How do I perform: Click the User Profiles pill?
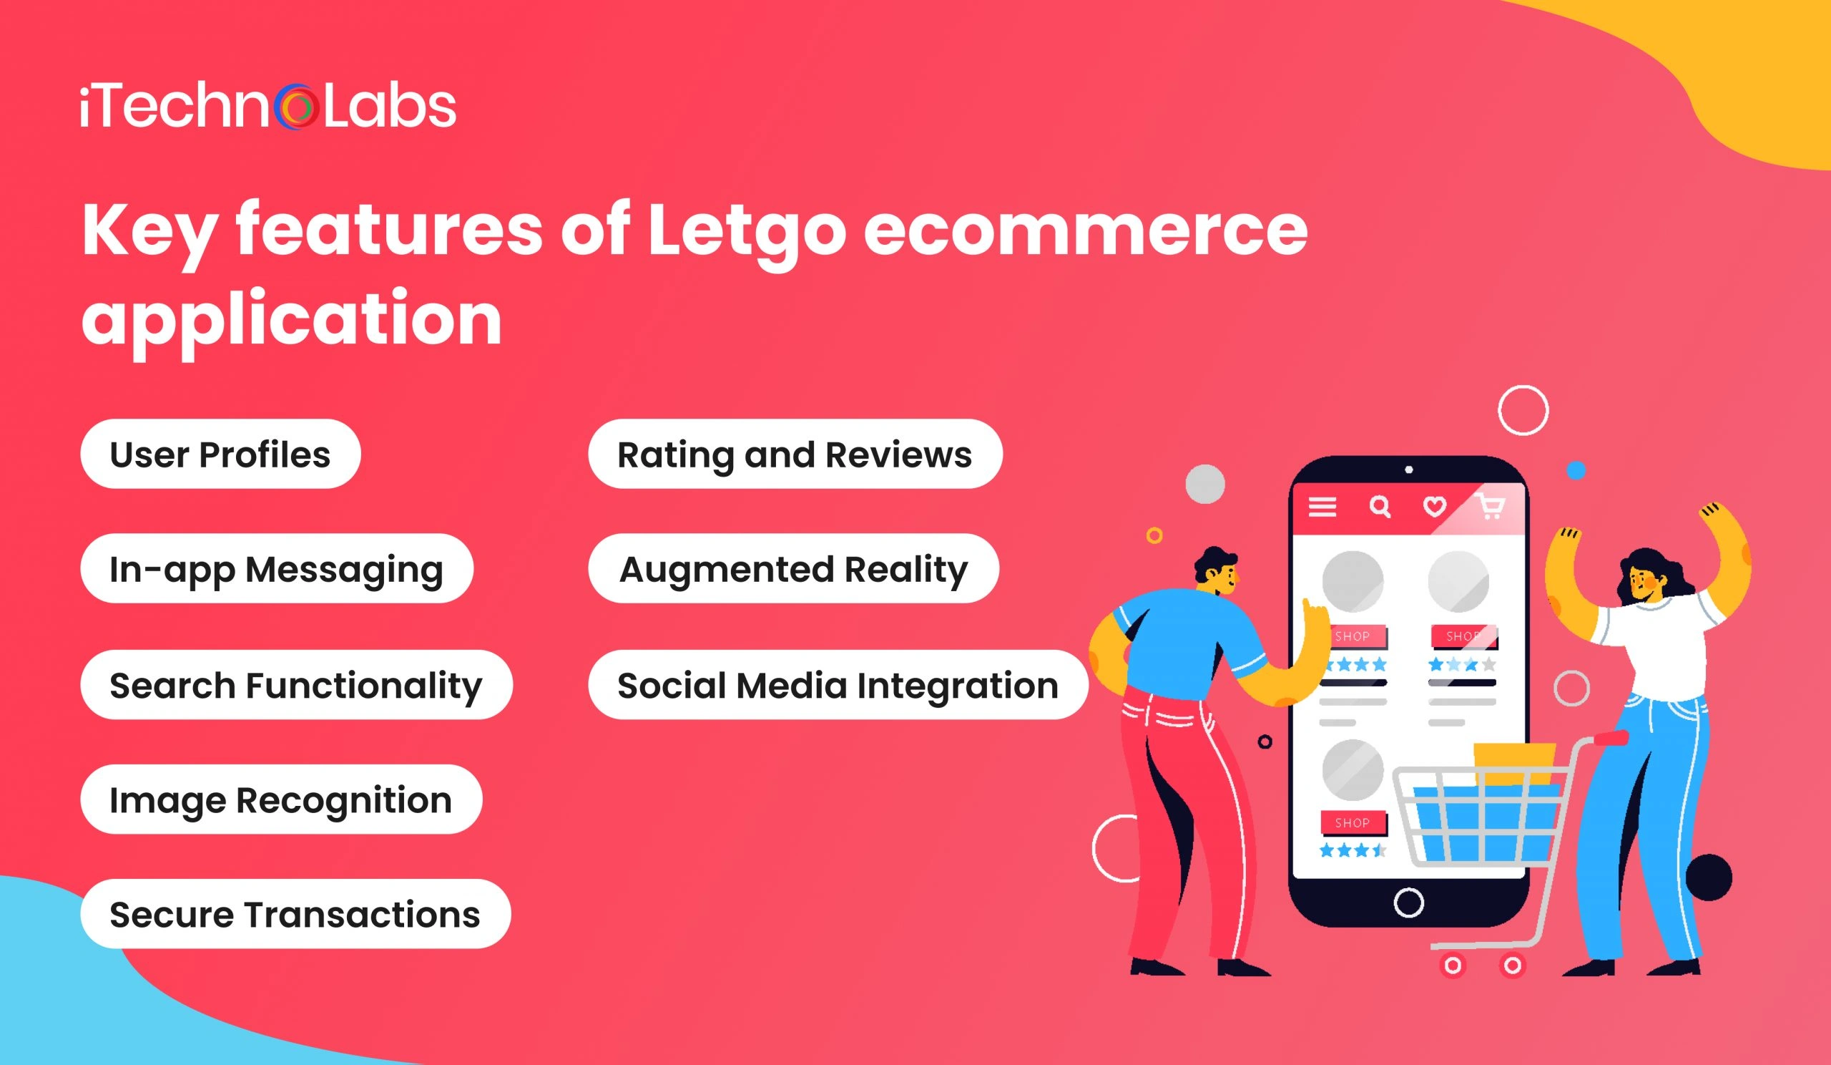(220, 454)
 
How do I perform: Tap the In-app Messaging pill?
(277, 568)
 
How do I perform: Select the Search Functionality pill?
(295, 685)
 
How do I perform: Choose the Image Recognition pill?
(280, 799)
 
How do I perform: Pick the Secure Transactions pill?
(295, 914)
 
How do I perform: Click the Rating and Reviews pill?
(795, 454)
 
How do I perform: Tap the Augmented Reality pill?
(793, 568)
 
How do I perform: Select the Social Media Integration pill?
(838, 685)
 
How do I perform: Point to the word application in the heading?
(291, 318)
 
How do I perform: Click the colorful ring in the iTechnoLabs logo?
(296, 107)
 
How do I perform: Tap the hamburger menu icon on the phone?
(1322, 507)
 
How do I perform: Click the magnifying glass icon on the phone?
(1379, 506)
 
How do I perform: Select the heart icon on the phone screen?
(1434, 506)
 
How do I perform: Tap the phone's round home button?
(1409, 903)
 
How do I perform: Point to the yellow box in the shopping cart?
(1514, 761)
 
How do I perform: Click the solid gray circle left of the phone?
(1205, 484)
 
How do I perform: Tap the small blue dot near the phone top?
(1576, 470)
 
